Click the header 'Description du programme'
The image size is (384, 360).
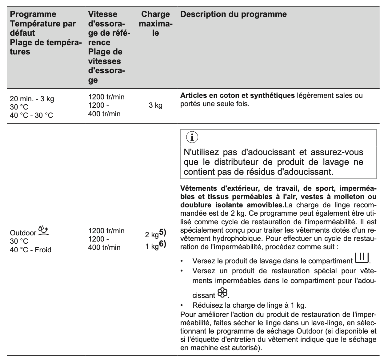[233, 14]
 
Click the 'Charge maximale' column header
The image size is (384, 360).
[155, 23]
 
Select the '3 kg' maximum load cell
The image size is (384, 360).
[155, 105]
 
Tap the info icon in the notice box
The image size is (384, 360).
[192, 138]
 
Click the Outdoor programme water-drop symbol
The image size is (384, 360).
[43, 230]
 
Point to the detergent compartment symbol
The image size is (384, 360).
[362, 258]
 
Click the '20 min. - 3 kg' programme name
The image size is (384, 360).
[32, 99]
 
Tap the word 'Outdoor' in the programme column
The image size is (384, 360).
[23, 233]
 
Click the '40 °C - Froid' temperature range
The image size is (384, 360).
[30, 250]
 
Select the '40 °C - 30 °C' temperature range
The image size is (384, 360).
[31, 115]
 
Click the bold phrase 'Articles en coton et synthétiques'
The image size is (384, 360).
[237, 96]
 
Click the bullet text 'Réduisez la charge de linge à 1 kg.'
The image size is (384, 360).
[249, 306]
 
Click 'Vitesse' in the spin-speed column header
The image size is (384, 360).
[102, 14]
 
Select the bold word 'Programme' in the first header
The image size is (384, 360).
[33, 14]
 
